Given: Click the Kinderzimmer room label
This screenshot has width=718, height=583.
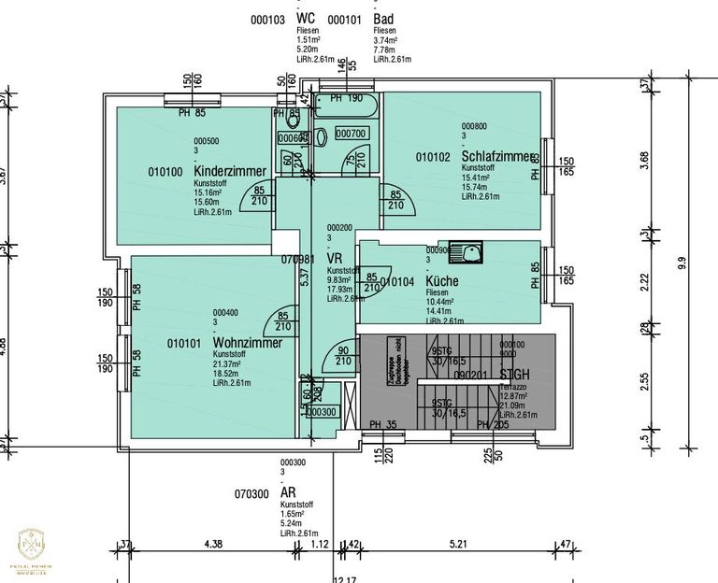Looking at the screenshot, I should pyautogui.click(x=230, y=172).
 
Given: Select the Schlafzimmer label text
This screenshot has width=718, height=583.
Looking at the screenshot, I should pyautogui.click(x=498, y=156).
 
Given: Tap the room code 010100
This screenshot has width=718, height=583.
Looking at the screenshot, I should pyautogui.click(x=165, y=172).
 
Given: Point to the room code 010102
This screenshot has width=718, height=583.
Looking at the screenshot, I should pyautogui.click(x=433, y=157).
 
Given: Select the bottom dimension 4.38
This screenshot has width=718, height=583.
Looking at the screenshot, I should pyautogui.click(x=212, y=544).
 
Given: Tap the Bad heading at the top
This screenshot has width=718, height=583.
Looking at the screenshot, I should pyautogui.click(x=382, y=19).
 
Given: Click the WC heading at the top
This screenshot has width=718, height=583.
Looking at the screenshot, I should pyautogui.click(x=306, y=19).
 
